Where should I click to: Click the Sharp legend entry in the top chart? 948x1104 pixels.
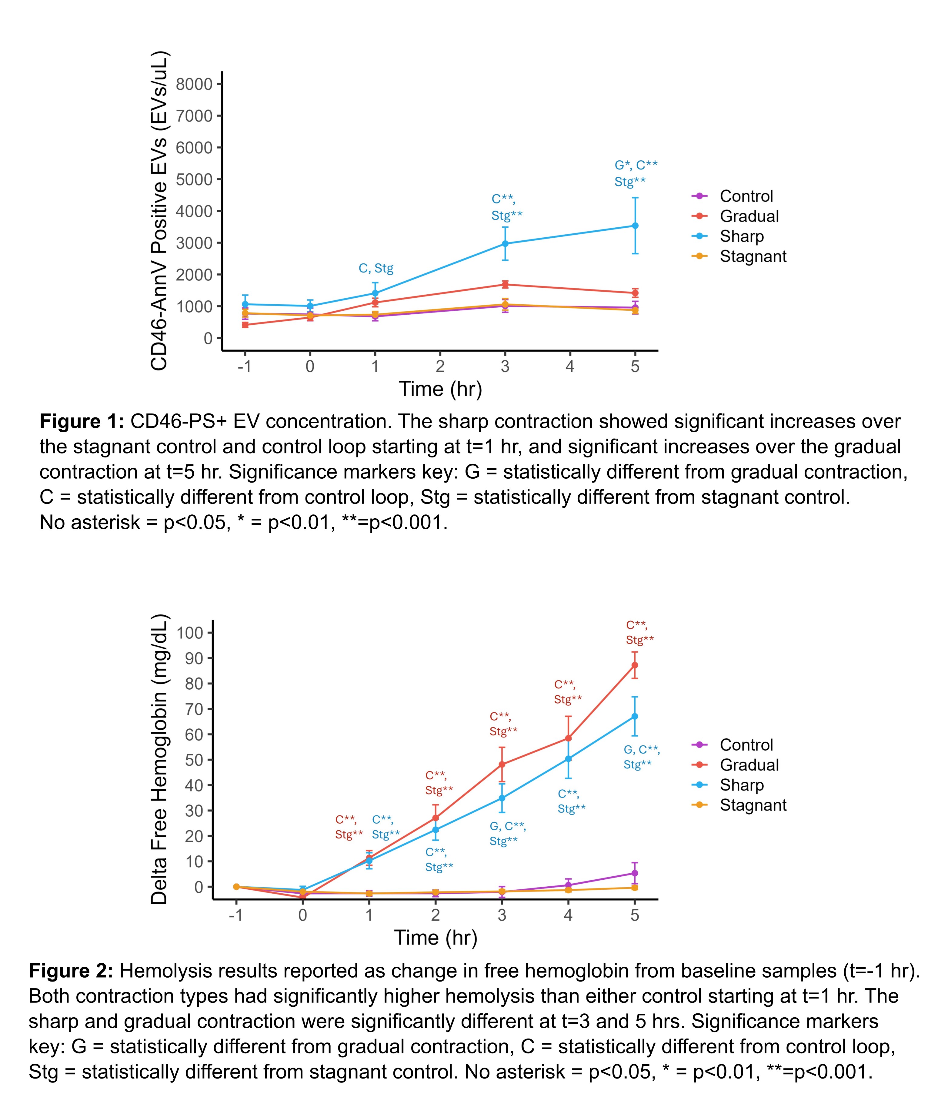coord(741,236)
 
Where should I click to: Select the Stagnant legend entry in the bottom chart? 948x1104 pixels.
coord(752,805)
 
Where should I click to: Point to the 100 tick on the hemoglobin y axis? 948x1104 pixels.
coord(190,633)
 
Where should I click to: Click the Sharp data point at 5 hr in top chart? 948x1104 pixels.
coord(635,226)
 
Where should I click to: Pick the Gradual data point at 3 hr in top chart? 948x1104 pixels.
coord(505,285)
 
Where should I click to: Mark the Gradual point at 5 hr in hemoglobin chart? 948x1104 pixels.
coord(634,665)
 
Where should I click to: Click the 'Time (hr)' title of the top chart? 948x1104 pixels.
coord(440,389)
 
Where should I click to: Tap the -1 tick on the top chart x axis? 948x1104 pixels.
coord(245,366)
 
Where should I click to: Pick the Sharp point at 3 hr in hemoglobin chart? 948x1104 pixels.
coord(502,798)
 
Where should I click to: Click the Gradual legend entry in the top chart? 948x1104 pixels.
coord(748,216)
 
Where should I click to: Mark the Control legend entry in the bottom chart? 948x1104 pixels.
coord(746,745)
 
